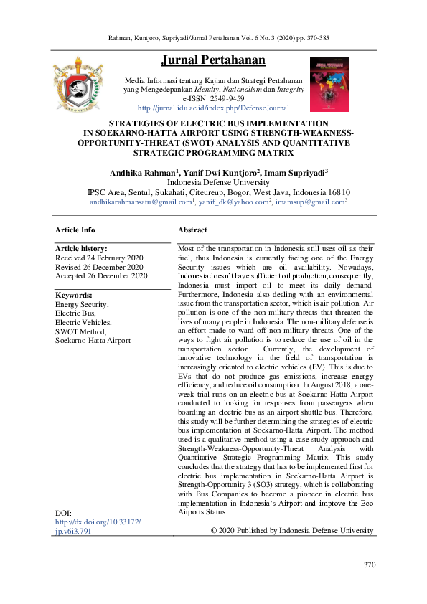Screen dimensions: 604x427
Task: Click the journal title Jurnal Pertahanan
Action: click(x=213, y=60)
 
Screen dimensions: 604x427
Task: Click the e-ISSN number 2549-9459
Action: click(x=226, y=98)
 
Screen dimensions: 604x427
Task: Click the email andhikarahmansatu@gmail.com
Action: click(x=139, y=202)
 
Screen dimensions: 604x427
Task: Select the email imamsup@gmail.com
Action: click(x=309, y=202)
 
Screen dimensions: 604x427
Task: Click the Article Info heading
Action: click(x=75, y=230)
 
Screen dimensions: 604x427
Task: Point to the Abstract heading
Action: click(x=192, y=230)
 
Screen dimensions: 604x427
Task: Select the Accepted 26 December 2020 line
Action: click(x=101, y=275)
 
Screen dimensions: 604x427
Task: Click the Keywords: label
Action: click(x=74, y=295)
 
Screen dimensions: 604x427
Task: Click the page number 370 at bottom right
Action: click(x=370, y=565)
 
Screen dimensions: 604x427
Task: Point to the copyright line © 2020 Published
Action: click(x=291, y=531)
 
